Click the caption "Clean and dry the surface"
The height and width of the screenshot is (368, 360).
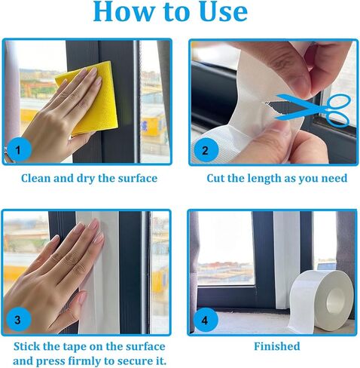[89, 179]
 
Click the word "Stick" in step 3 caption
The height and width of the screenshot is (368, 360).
[28, 346]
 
